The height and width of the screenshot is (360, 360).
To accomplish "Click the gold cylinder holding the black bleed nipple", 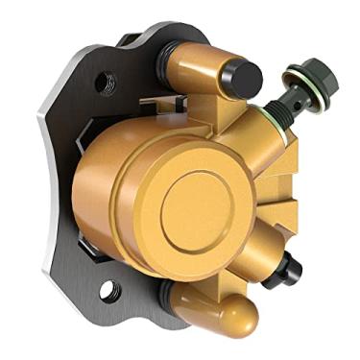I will pos(261,256).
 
